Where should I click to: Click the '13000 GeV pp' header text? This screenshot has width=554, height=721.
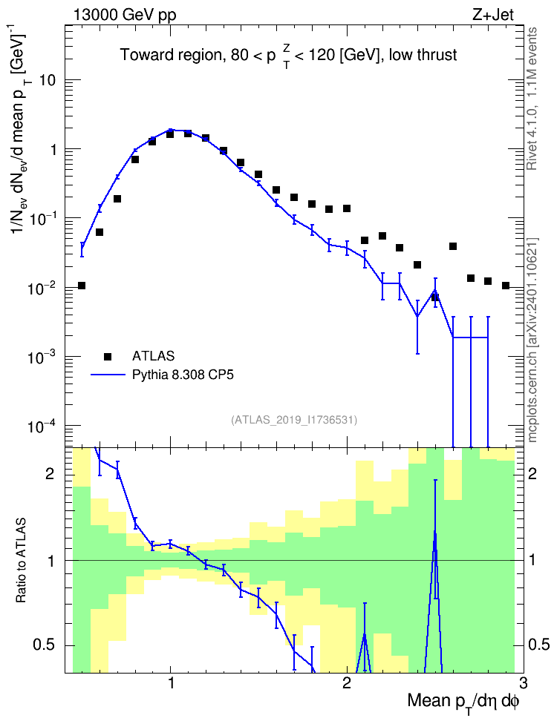pyautogui.click(x=124, y=15)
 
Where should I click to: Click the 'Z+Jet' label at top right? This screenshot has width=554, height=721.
pyautogui.click(x=493, y=15)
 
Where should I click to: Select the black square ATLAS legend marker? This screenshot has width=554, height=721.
pyautogui.click(x=107, y=356)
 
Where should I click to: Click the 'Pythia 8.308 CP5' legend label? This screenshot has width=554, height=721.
pyautogui.click(x=183, y=375)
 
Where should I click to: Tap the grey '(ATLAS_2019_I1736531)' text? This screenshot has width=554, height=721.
pyautogui.click(x=294, y=419)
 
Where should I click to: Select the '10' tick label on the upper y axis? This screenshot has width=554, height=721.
pyautogui.click(x=47, y=80)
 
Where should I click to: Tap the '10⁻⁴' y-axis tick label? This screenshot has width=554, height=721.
pyautogui.click(x=42, y=426)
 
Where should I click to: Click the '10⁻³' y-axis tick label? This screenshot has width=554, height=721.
pyautogui.click(x=42, y=357)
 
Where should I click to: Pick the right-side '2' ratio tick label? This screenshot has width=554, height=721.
pyautogui.click(x=532, y=474)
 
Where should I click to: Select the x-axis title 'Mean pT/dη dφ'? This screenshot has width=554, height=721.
pyautogui.click(x=463, y=702)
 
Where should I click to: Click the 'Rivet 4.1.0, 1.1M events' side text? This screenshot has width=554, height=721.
pyautogui.click(x=532, y=99)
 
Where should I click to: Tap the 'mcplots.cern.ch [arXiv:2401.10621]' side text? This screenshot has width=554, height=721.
pyautogui.click(x=532, y=340)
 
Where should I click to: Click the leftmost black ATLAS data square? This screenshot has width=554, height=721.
pyautogui.click(x=82, y=286)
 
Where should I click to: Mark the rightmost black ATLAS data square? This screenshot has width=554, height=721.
pyautogui.click(x=506, y=286)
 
